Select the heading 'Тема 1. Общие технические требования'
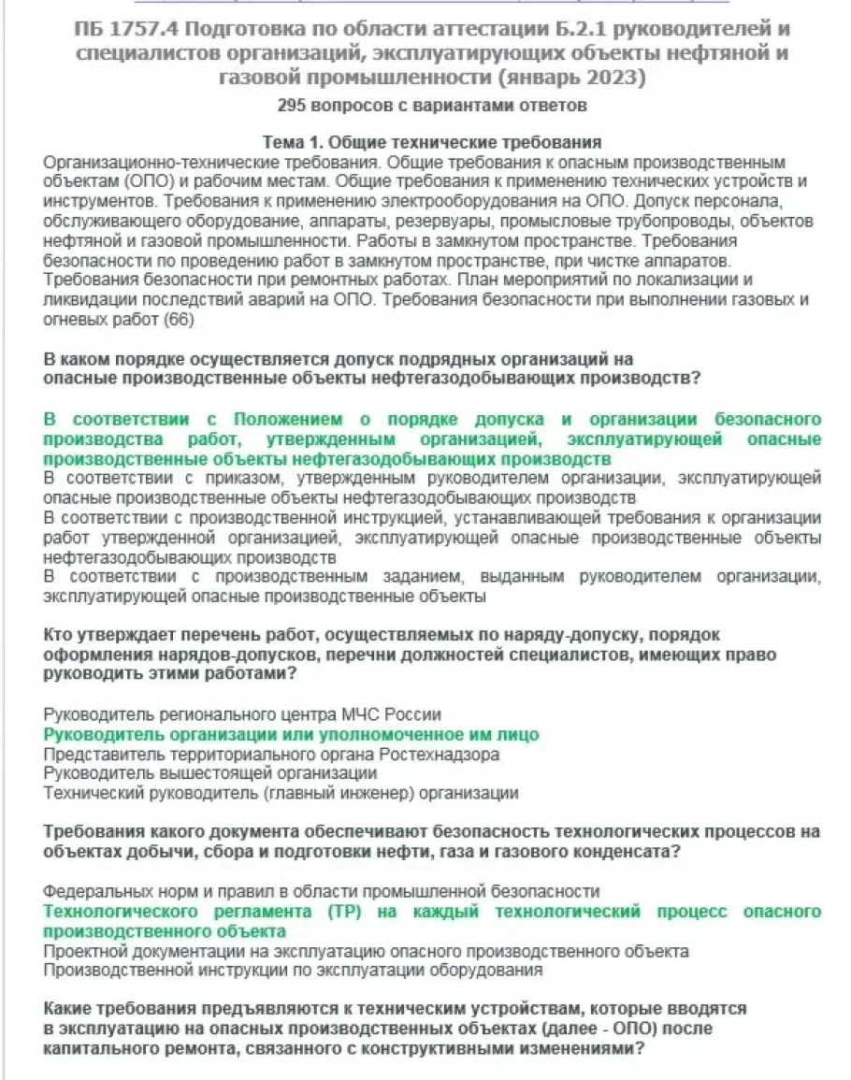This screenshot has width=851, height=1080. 430,143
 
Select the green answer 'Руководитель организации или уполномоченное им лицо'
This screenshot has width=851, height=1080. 291,734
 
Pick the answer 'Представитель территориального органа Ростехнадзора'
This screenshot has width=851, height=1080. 271,754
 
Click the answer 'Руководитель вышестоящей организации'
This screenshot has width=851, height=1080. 210,773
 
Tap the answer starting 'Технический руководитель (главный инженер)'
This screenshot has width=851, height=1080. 281,793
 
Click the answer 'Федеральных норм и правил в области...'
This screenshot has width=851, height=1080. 322,891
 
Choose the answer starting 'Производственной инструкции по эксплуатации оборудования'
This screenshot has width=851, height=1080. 293,971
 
